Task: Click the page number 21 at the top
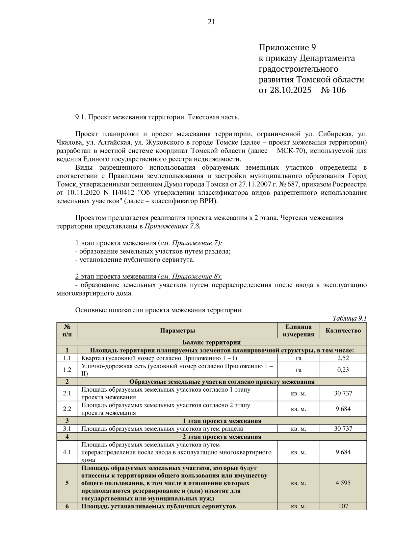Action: (211, 22)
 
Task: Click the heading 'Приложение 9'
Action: (287, 48)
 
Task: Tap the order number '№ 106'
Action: (333, 90)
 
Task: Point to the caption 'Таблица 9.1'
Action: (349, 318)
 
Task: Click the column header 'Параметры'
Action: (177, 330)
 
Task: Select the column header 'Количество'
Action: (343, 330)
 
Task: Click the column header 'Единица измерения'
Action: (298, 330)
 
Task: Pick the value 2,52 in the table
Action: (343, 358)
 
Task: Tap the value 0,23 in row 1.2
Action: (343, 370)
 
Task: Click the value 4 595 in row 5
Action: (343, 483)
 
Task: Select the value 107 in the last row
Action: (343, 506)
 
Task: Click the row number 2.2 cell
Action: (67, 409)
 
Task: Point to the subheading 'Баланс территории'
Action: (211, 342)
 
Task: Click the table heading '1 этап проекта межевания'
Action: (222, 421)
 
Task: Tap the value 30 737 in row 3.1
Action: (343, 428)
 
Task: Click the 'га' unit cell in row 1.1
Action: (298, 358)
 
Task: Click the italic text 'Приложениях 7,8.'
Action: (172, 226)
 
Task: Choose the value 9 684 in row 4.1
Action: (343, 452)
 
